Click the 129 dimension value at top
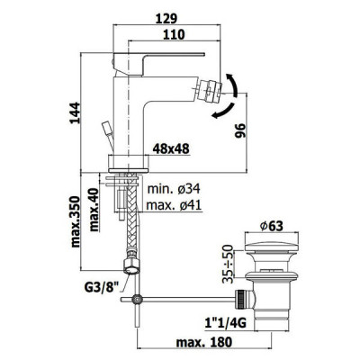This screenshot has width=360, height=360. tap(166, 19)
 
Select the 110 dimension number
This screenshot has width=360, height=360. tap(174, 35)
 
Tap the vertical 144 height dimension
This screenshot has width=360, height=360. tap(75, 112)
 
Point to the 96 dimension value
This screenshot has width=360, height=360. tap(240, 130)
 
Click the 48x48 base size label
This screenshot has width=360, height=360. tap(171, 148)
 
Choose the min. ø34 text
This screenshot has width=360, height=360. tap(174, 189)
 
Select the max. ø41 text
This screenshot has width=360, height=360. tap(174, 205)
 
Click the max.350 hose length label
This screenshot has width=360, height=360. tap(76, 221)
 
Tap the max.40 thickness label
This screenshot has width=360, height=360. tap(94, 210)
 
